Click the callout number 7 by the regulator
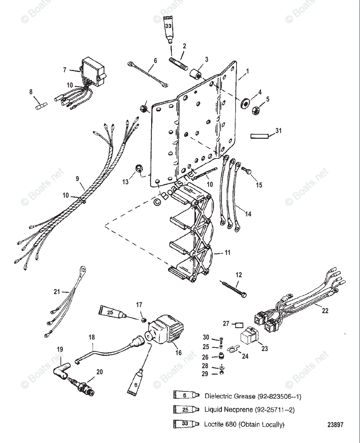coord(64,69)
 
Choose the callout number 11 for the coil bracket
coord(227,253)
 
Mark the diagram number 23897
coord(335,425)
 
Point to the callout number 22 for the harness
coord(325,311)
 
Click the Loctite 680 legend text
coord(244,425)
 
